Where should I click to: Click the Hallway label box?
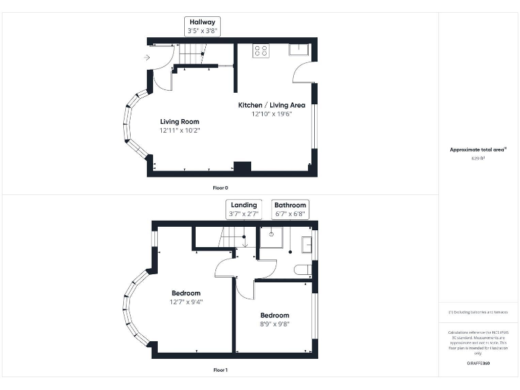pos(202,26)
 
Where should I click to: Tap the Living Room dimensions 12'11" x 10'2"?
pos(179,130)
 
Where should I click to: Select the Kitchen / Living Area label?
pos(271,105)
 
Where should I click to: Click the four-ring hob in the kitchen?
pos(261,50)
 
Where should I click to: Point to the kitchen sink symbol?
pos(299,49)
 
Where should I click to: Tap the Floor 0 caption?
pos(221,187)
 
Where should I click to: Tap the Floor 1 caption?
pos(221,370)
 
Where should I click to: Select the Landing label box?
pos(244,209)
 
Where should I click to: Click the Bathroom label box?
pos(290,209)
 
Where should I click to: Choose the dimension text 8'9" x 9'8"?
pos(274,324)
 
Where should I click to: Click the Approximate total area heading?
pos(478,150)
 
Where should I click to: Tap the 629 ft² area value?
pos(478,158)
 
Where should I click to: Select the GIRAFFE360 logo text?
pos(478,364)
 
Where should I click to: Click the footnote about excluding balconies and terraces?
pos(478,311)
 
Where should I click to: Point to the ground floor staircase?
pos(194,53)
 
